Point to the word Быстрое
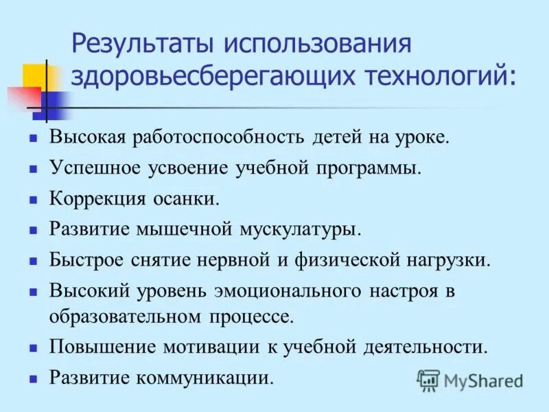tap(86, 260)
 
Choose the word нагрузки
tap(453, 260)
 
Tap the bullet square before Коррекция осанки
tap(32, 201)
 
